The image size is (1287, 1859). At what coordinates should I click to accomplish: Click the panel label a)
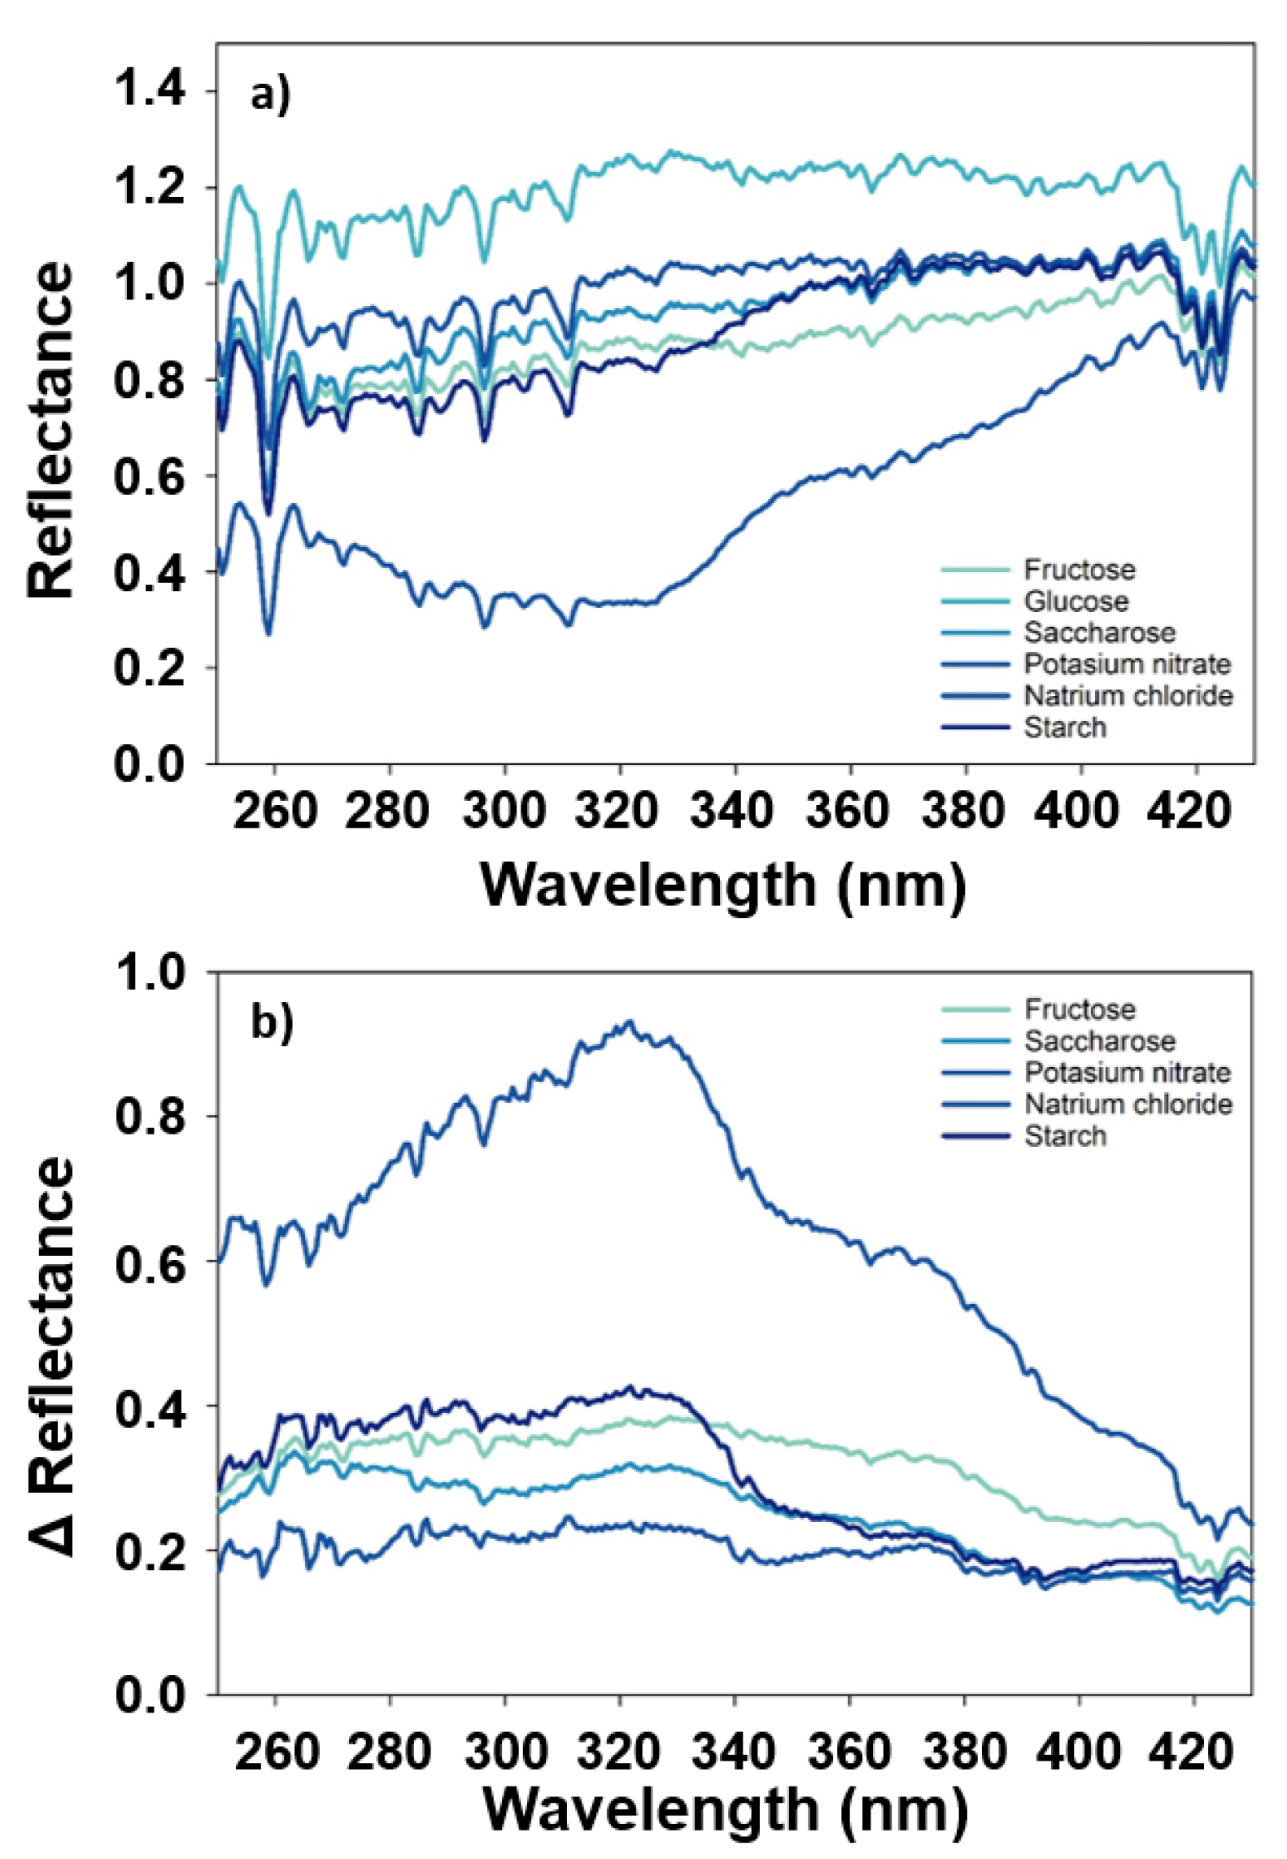click(269, 96)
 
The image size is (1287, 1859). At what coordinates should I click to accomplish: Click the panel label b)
click(271, 1021)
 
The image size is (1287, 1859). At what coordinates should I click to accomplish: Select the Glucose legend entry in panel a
click(1075, 601)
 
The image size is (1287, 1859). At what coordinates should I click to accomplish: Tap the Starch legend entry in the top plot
click(1064, 727)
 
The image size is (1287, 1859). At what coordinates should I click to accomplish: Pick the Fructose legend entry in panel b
click(1079, 1009)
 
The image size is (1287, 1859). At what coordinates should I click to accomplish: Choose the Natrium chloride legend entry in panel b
click(1128, 1104)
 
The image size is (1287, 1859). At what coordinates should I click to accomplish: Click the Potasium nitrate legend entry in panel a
click(1126, 664)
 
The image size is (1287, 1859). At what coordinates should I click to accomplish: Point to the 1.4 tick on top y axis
click(150, 90)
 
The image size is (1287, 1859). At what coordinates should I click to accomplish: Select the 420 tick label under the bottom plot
click(1193, 1752)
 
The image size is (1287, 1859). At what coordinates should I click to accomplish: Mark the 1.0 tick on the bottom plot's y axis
click(151, 973)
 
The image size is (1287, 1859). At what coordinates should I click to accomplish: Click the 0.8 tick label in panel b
click(151, 1118)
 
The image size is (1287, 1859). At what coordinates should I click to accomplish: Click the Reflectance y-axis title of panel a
click(50, 431)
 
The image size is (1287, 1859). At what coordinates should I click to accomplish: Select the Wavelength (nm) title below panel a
click(723, 885)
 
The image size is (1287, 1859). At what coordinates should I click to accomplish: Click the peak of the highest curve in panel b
click(628, 1023)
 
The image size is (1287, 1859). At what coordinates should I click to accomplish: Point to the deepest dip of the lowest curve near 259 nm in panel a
click(268, 633)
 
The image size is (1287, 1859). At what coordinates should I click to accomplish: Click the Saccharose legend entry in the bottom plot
click(1099, 1041)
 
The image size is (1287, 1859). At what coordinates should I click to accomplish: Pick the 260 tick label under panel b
click(276, 1752)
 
